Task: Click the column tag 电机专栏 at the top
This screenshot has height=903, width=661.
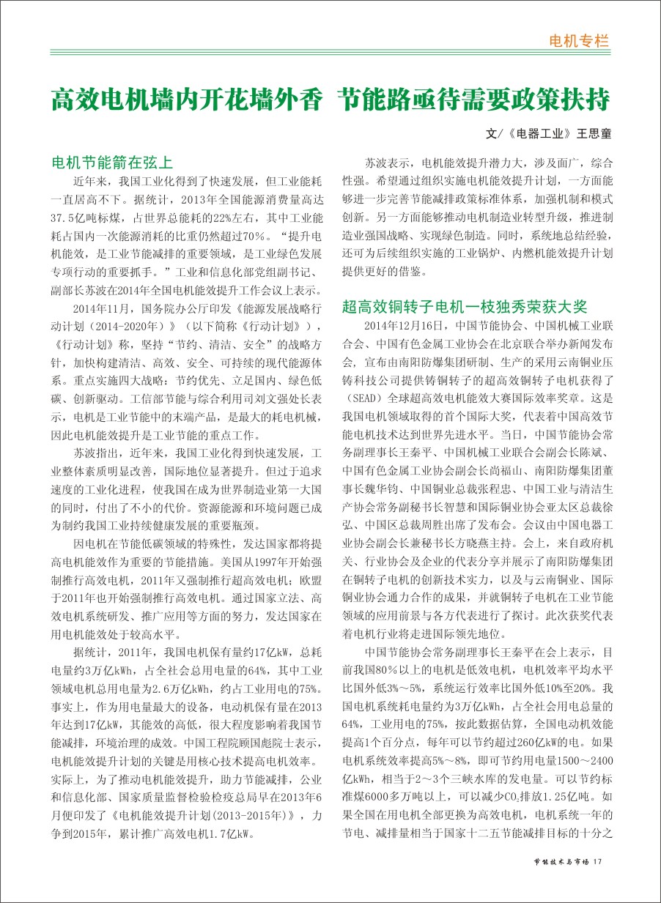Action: (579, 40)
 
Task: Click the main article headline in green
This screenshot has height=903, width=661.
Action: (330, 100)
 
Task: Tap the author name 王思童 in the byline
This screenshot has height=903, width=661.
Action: (594, 135)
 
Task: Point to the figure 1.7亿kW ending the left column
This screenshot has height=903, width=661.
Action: (230, 833)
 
